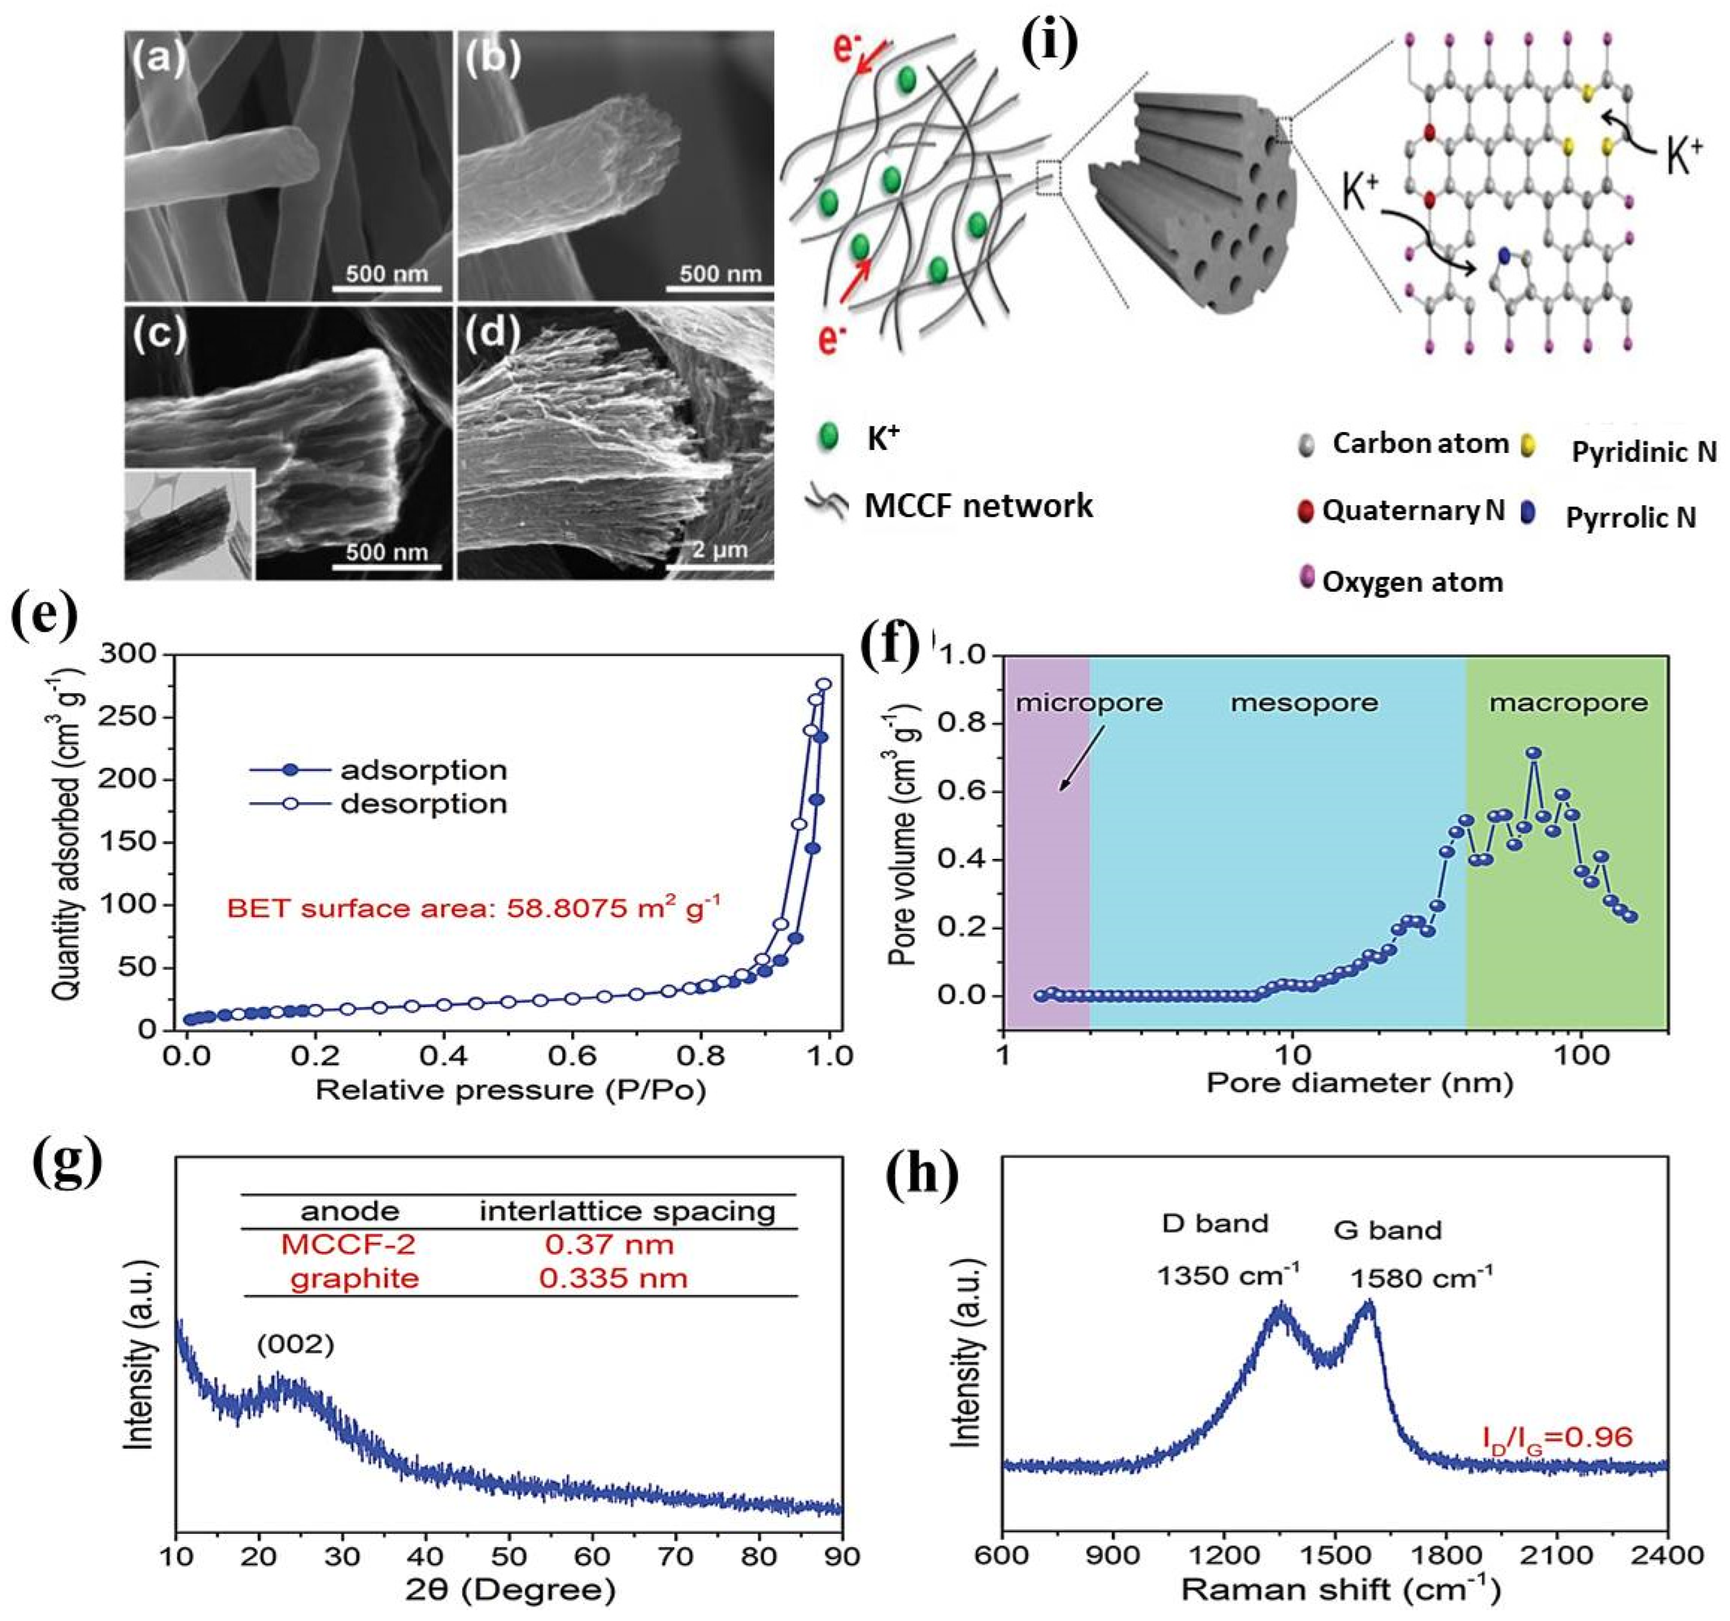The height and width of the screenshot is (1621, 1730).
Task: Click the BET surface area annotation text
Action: (x=474, y=909)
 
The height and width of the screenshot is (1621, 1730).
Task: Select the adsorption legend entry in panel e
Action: (x=423, y=770)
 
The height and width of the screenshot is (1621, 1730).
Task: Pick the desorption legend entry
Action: (x=423, y=803)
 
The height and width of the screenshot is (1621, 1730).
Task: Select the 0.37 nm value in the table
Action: (x=609, y=1244)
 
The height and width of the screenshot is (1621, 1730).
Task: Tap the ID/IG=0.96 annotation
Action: (x=1557, y=1437)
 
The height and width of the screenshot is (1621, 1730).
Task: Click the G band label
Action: (x=1387, y=1231)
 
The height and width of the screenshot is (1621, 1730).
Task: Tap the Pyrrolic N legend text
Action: (x=1631, y=518)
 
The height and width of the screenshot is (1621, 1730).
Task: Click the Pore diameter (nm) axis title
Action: (x=1359, y=1083)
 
